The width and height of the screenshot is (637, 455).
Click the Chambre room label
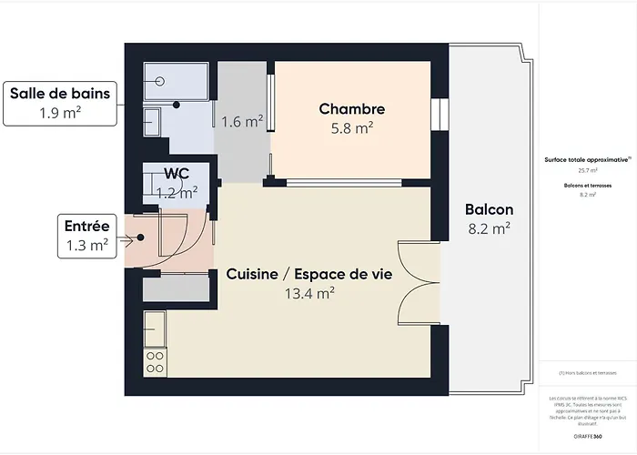click(x=346, y=109)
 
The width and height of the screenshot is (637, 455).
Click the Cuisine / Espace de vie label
click(x=309, y=273)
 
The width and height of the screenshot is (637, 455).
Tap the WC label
click(x=177, y=173)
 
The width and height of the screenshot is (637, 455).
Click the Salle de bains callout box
click(x=60, y=102)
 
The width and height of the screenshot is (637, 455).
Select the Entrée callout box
click(x=87, y=234)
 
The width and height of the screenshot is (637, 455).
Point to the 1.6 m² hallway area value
click(x=242, y=120)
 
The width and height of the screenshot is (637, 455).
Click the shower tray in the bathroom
click(x=178, y=82)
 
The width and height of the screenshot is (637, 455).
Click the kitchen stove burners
click(x=155, y=360)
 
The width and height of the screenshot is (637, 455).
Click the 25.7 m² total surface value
click(x=588, y=170)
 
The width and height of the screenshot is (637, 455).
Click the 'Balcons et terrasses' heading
click(x=588, y=185)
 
